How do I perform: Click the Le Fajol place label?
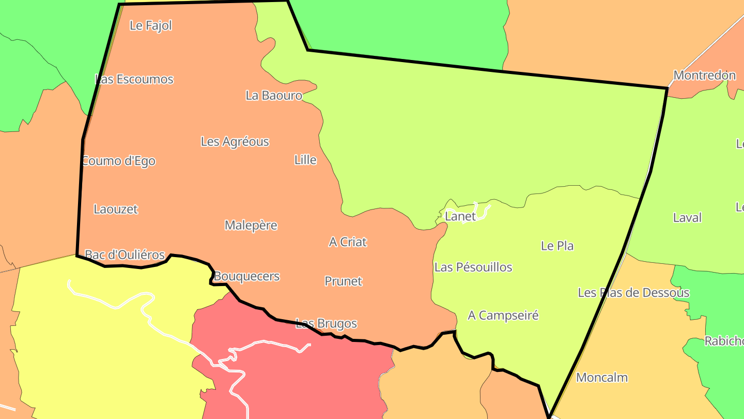[151, 25]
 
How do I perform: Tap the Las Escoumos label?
[134, 79]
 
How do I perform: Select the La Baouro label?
[274, 95]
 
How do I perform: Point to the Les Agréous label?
[235, 141]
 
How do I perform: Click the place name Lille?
[305, 160]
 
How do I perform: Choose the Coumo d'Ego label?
[119, 161]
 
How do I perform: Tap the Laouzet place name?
[116, 209]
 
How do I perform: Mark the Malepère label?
[251, 226]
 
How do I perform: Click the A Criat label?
[348, 242]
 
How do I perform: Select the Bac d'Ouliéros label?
[125, 255]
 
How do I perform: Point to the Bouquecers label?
[246, 276]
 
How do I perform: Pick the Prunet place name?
[344, 281]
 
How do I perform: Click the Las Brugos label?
[326, 324]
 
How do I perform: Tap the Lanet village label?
[460, 216]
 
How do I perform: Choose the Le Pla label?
[557, 246]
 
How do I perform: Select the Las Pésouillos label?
[473, 267]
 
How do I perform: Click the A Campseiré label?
[503, 315]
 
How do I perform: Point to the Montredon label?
[705, 76]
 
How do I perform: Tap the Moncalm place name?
[602, 378]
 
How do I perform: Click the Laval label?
[687, 218]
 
